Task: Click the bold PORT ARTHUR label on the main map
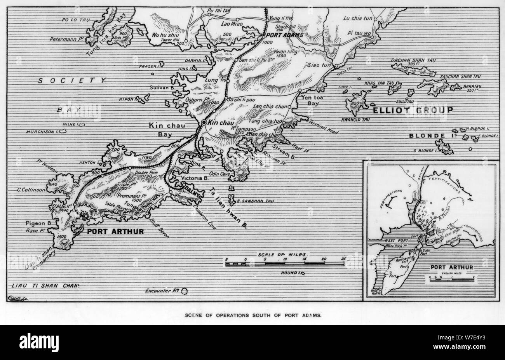[115, 231]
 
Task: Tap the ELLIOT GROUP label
[413, 110]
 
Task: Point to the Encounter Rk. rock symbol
[184, 290]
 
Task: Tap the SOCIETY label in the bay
[72, 80]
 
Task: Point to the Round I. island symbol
[302, 273]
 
